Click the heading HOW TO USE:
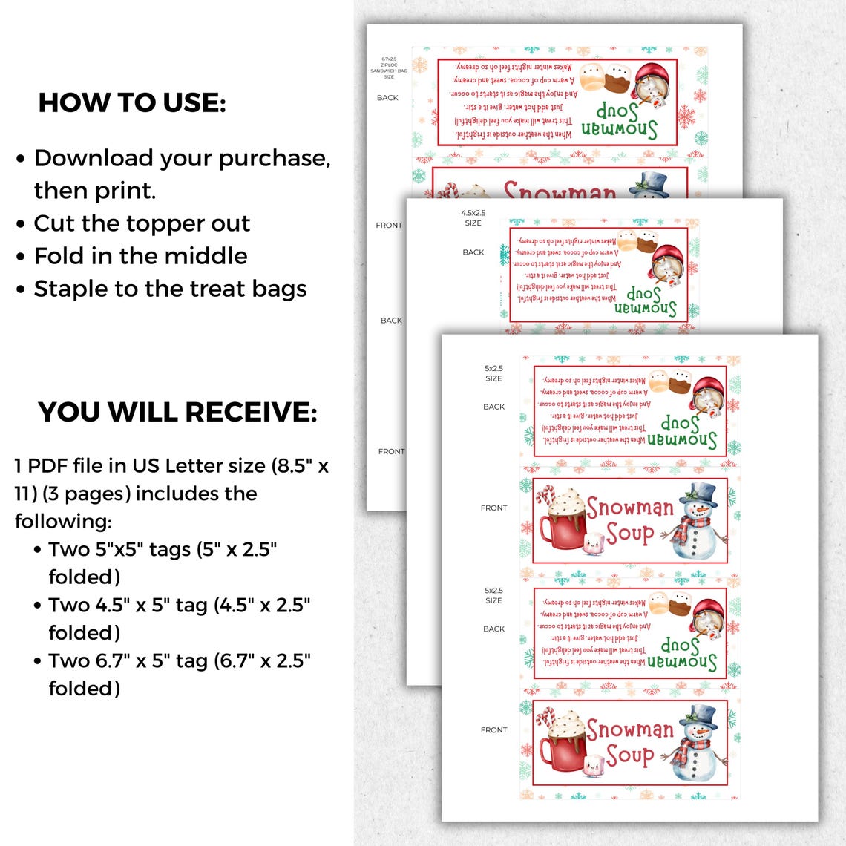[132, 103]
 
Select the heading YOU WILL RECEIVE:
[177, 412]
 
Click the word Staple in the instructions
[71, 289]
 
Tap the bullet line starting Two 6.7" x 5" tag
[179, 660]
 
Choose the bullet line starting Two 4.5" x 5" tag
[179, 605]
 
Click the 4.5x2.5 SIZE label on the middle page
[473, 218]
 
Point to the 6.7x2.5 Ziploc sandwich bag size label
[389, 68]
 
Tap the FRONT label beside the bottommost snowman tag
[493, 730]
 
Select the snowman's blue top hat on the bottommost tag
[698, 715]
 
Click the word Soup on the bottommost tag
[629, 755]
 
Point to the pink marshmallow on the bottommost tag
[593, 767]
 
